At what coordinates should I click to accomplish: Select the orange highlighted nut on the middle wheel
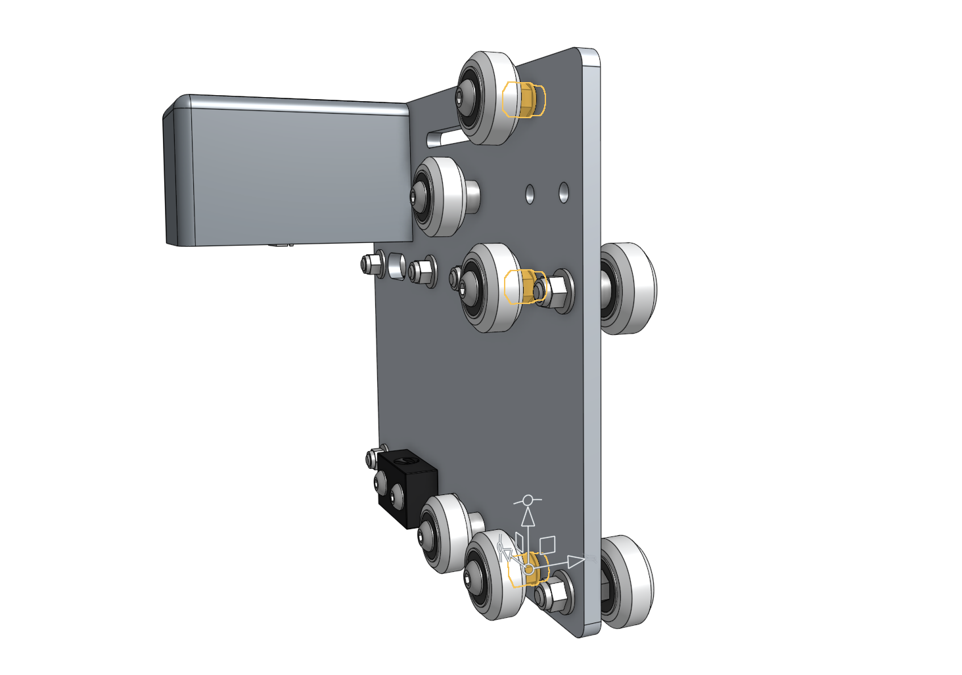[524, 286]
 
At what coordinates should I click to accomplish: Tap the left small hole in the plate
[530, 194]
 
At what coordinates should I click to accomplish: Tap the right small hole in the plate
[564, 192]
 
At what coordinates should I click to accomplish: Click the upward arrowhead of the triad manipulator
[528, 517]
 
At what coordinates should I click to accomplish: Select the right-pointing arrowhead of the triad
[576, 561]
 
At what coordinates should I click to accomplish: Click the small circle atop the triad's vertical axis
[528, 500]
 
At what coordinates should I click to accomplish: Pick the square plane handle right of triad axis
[547, 544]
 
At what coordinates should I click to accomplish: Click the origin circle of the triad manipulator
[528, 569]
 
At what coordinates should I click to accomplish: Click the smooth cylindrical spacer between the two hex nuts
[396, 266]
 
